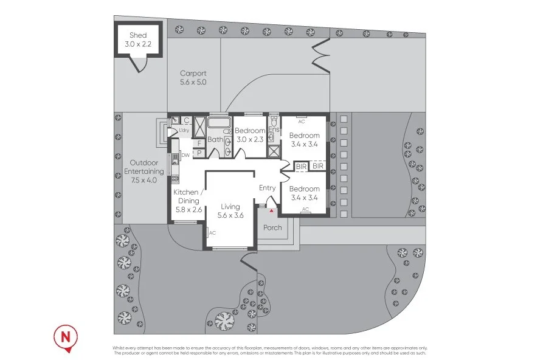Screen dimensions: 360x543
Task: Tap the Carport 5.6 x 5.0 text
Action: coord(193,78)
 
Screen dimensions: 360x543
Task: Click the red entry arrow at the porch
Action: coord(271,210)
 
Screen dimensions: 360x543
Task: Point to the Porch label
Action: coord(272,228)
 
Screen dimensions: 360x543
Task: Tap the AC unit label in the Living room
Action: coord(212,233)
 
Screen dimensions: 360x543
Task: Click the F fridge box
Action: coord(199,143)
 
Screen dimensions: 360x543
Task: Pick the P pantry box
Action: coord(199,153)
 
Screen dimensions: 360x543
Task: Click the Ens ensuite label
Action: coord(273,130)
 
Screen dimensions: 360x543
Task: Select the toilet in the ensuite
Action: coord(272,138)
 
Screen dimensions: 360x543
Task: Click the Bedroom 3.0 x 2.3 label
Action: coord(250,135)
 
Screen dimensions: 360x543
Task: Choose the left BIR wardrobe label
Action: coord(301,165)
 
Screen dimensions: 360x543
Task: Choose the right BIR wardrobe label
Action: coord(317,165)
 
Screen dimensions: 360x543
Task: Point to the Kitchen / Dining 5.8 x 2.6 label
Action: coord(188,201)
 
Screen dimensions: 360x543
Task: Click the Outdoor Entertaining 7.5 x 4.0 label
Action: coord(144,171)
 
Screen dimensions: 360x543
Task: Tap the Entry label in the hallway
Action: coord(268,188)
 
